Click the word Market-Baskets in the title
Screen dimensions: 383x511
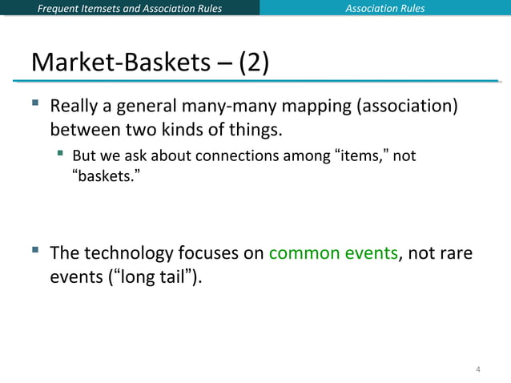click(x=121, y=62)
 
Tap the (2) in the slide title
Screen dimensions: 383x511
click(x=251, y=62)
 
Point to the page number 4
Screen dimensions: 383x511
click(x=478, y=369)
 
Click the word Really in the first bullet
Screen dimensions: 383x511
click(x=74, y=106)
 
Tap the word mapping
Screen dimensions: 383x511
click(x=326, y=106)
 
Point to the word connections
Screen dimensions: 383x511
click(x=238, y=155)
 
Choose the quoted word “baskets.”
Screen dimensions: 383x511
click(x=99, y=173)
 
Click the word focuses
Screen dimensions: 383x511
click(x=211, y=254)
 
